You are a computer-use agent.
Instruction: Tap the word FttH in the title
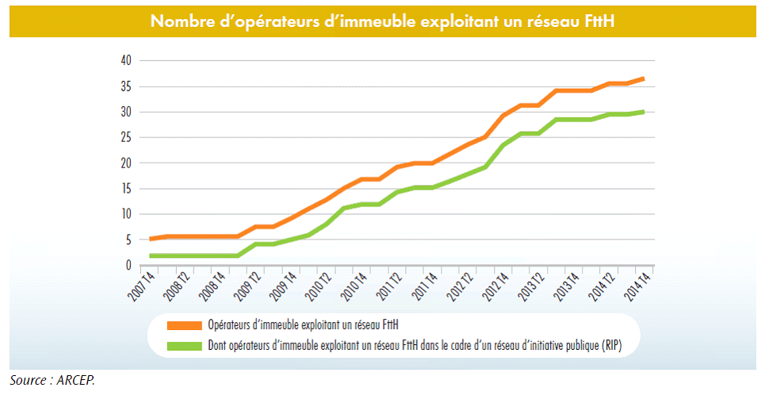[597, 21]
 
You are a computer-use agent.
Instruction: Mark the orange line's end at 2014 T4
[644, 79]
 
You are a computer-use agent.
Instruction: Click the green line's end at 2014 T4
[644, 112]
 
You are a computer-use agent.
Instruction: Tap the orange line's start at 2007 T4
[151, 239]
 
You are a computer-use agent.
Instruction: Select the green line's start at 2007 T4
[151, 255]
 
